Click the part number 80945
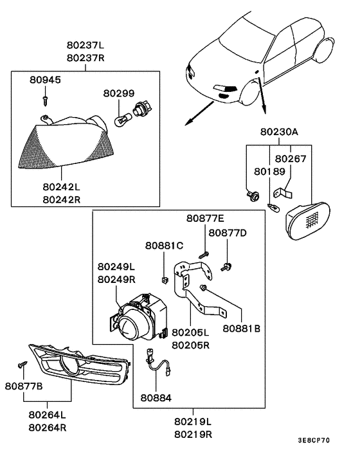[x=44, y=80]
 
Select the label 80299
[x=118, y=93]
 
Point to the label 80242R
[x=61, y=199]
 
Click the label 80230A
[x=279, y=132]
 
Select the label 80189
[x=269, y=172]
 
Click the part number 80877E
[x=206, y=219]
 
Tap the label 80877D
[x=228, y=232]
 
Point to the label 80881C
[x=164, y=245]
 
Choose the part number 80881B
[x=242, y=328]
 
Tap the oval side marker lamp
[x=307, y=219]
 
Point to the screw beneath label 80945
[x=46, y=98]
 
